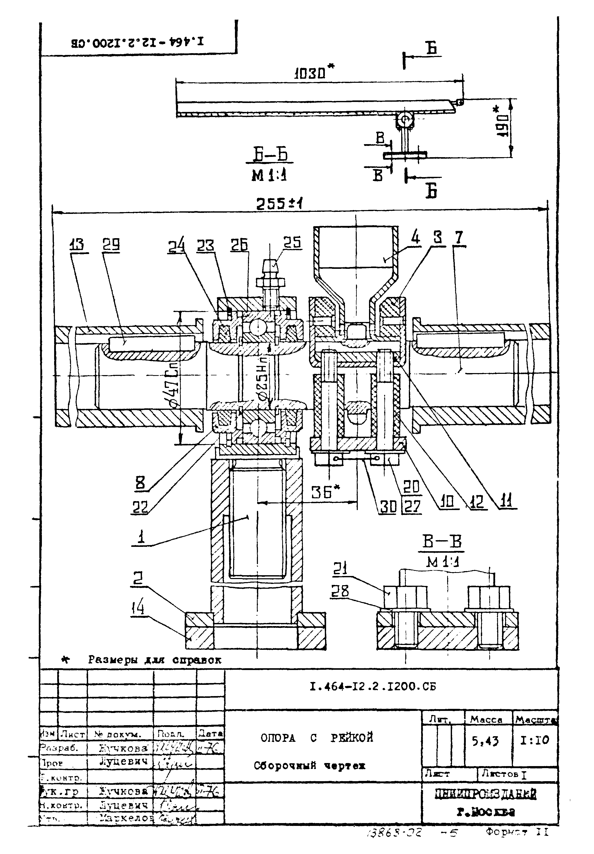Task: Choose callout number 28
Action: point(340,591)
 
